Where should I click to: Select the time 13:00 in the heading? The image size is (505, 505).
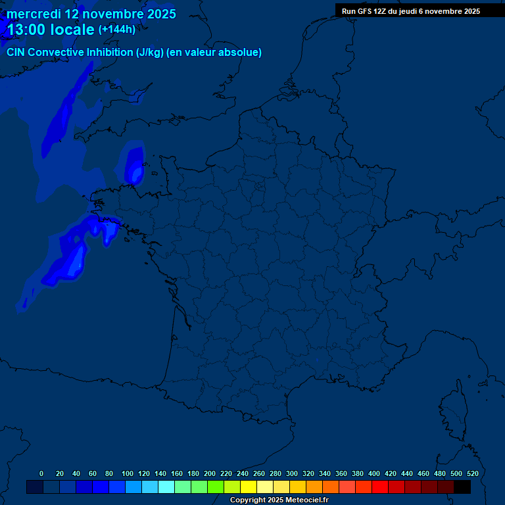tap(26, 30)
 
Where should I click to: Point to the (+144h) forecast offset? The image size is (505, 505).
tap(116, 30)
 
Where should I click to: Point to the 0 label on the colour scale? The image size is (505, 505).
tap(41, 473)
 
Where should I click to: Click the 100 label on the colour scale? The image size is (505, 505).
tap(128, 473)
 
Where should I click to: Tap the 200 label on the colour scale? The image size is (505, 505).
tap(210, 473)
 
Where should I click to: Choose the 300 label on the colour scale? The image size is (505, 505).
tap(292, 473)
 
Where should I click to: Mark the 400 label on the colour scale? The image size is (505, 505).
tap(374, 473)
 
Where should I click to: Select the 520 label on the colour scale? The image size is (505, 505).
tap(472, 473)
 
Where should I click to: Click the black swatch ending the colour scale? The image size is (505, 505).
tap(462, 487)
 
